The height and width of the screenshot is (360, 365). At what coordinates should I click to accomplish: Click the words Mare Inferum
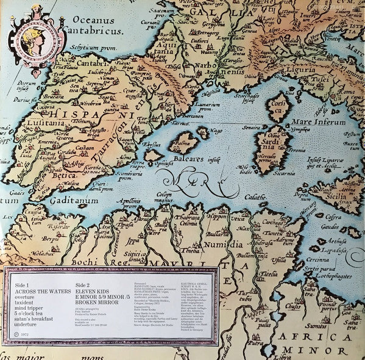pyautogui.click(x=319, y=121)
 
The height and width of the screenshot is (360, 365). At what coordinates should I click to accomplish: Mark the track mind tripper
pyautogui.click(x=29, y=304)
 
